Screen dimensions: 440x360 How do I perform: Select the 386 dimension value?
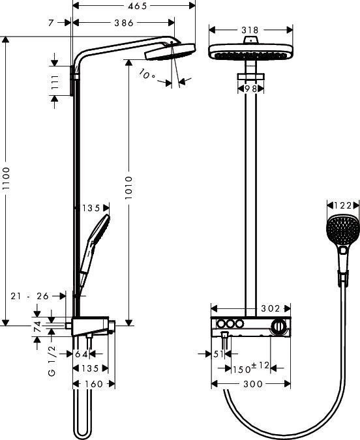point(121,23)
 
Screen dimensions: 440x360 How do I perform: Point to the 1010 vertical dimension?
point(128,189)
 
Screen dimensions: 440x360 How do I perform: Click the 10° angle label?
point(147,75)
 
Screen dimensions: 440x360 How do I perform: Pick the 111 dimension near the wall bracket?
point(55,83)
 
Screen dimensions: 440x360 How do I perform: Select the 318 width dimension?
point(250,30)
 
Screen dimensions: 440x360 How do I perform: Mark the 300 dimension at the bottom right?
point(252,385)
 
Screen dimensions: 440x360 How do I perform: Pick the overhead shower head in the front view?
point(250,51)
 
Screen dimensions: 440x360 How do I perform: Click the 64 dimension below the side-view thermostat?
point(81,354)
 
